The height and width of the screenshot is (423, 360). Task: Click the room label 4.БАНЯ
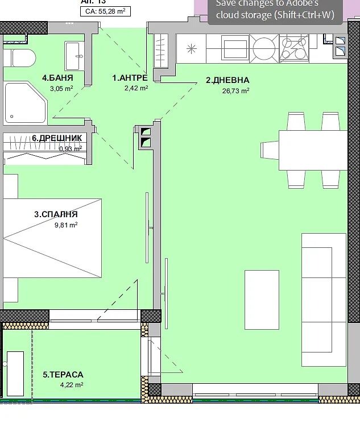[57, 78]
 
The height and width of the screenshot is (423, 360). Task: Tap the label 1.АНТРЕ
[130, 78]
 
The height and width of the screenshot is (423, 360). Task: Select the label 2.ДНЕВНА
[227, 80]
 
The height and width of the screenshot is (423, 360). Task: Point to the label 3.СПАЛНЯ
[56, 214]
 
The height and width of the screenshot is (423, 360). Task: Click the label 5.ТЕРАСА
[63, 375]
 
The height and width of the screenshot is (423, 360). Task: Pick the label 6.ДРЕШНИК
[57, 138]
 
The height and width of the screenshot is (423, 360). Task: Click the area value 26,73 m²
[235, 90]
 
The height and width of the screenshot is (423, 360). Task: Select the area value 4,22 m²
[72, 385]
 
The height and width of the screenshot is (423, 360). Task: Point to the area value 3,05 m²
[61, 88]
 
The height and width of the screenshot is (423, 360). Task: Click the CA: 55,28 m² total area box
[104, 11]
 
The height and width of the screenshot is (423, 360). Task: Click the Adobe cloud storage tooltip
[275, 11]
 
